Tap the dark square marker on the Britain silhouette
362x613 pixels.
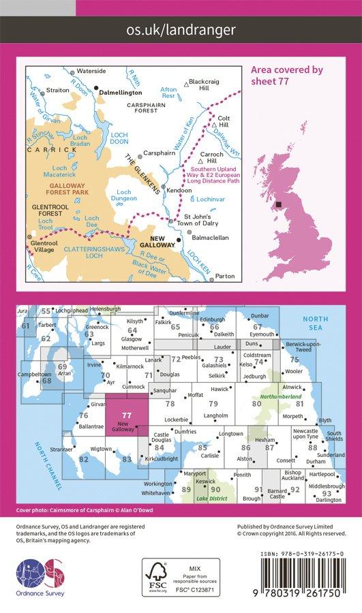[277, 203]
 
